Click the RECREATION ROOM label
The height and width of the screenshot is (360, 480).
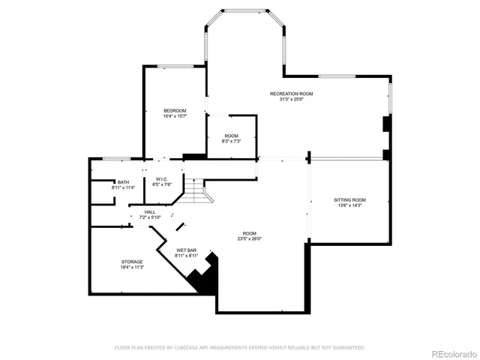pyautogui.click(x=291, y=94)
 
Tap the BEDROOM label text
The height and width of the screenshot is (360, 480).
pyautogui.click(x=175, y=110)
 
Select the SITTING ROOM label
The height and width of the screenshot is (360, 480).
pyautogui.click(x=349, y=199)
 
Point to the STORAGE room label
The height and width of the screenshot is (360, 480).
pyautogui.click(x=132, y=262)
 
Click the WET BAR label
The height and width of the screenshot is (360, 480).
pyautogui.click(x=187, y=250)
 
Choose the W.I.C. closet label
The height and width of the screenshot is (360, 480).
pyautogui.click(x=162, y=179)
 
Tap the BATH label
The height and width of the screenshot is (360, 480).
pyautogui.click(x=122, y=182)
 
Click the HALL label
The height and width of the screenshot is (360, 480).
pyautogui.click(x=150, y=212)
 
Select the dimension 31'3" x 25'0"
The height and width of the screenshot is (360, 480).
pyautogui.click(x=291, y=99)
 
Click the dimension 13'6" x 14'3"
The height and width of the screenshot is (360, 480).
pyautogui.click(x=349, y=205)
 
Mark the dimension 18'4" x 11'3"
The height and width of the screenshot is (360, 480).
pyautogui.click(x=132, y=267)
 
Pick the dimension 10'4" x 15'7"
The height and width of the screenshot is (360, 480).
pyautogui.click(x=175, y=115)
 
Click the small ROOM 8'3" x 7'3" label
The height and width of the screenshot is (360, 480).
pyautogui.click(x=231, y=136)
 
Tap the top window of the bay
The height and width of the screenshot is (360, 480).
pyautogui.click(x=245, y=10)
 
